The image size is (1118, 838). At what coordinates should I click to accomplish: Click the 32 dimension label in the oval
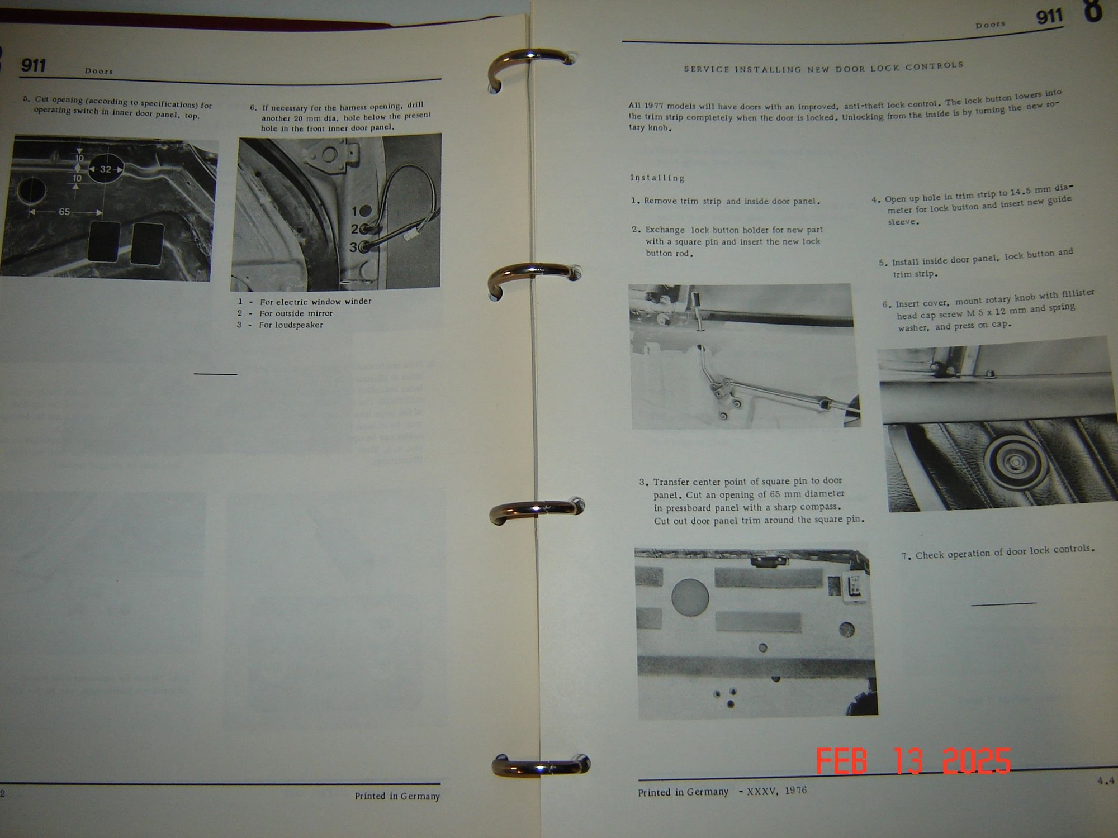tap(105, 169)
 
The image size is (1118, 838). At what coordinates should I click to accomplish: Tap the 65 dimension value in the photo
tap(64, 212)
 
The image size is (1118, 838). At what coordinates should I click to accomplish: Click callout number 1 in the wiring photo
tap(354, 211)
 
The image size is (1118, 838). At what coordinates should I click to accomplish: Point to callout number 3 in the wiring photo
tap(353, 247)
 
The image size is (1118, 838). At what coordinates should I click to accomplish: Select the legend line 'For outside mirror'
tap(296, 313)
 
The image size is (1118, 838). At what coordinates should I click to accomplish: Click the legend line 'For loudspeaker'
tap(291, 325)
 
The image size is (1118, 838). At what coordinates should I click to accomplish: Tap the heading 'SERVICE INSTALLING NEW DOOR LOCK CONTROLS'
tap(823, 68)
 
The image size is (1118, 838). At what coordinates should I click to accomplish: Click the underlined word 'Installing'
tap(657, 178)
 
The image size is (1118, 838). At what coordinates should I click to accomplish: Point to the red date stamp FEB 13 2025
tap(913, 760)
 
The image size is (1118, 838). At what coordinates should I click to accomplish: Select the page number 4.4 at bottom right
tap(1105, 781)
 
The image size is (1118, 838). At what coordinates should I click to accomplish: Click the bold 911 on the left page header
tap(34, 66)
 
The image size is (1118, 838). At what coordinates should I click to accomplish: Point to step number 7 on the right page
tap(906, 556)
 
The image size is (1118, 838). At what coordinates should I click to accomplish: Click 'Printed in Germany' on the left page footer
tap(397, 796)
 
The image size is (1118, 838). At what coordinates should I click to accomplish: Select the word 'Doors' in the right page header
tap(991, 25)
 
